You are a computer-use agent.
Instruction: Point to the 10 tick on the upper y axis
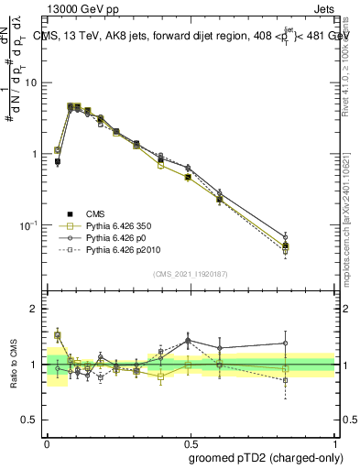coord(34,82)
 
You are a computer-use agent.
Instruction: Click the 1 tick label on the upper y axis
coord(37,154)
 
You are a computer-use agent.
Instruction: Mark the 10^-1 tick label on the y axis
coord(32,224)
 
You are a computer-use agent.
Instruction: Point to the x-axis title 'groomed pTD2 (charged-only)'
coord(263,457)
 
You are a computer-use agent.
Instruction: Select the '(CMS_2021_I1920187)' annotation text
coord(191,274)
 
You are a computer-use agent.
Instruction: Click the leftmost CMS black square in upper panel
coord(58,161)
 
